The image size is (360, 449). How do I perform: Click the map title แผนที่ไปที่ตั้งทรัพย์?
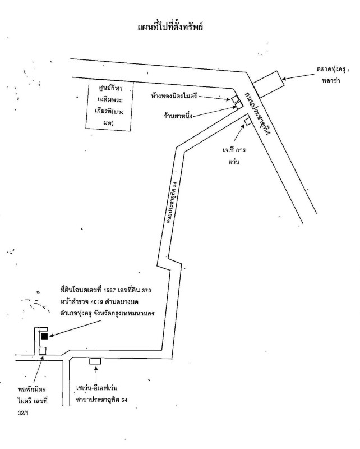point(179,27)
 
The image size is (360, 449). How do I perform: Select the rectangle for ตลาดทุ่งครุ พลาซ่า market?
point(267,85)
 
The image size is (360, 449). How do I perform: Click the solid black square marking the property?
point(44,336)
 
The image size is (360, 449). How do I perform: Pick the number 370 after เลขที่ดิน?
point(146,290)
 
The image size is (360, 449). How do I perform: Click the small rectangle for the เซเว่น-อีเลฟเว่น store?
point(95,360)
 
